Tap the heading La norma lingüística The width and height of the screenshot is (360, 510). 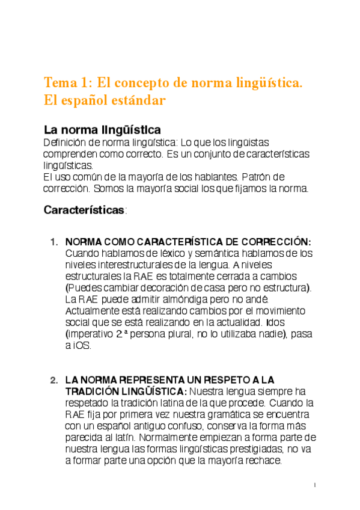pos(102,129)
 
